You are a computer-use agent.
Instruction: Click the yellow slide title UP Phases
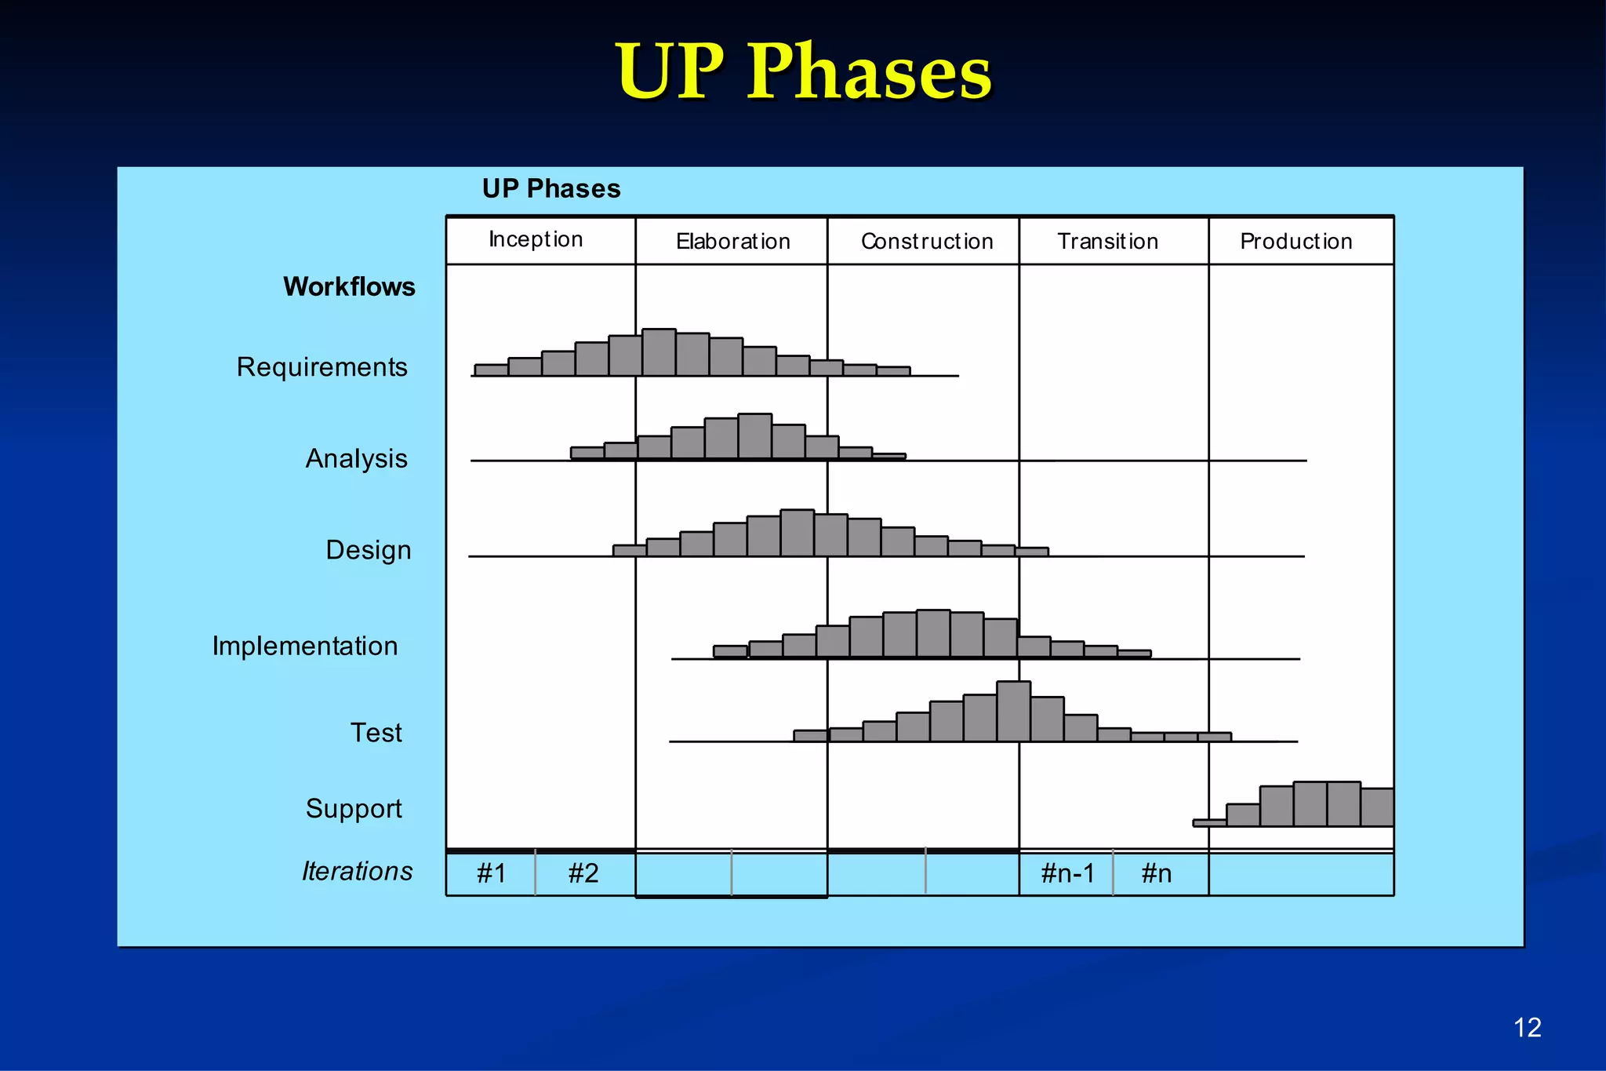[804, 72]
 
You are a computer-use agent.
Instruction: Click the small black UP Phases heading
[551, 189]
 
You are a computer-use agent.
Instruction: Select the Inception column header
[536, 239]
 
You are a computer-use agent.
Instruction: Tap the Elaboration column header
[733, 242]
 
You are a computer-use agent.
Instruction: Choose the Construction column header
[927, 242]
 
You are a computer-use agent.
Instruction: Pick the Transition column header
[1108, 242]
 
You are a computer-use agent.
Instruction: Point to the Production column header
[1296, 242]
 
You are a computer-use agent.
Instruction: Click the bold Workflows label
[349, 287]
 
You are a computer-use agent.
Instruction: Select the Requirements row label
[322, 367]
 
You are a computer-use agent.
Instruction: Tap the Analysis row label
[357, 458]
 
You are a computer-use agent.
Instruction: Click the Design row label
[369, 550]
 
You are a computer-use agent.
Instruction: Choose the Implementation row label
[305, 647]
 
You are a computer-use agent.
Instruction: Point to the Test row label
[376, 733]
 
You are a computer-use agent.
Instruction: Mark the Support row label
[354, 809]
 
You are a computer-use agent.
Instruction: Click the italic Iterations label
[358, 872]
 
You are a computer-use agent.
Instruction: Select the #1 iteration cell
[492, 873]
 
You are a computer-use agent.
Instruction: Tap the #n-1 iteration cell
[1067, 873]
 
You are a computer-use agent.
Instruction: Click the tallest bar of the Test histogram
[1014, 712]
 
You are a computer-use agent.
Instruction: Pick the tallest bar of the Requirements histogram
[659, 352]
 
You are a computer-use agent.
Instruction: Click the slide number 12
[1527, 1027]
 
